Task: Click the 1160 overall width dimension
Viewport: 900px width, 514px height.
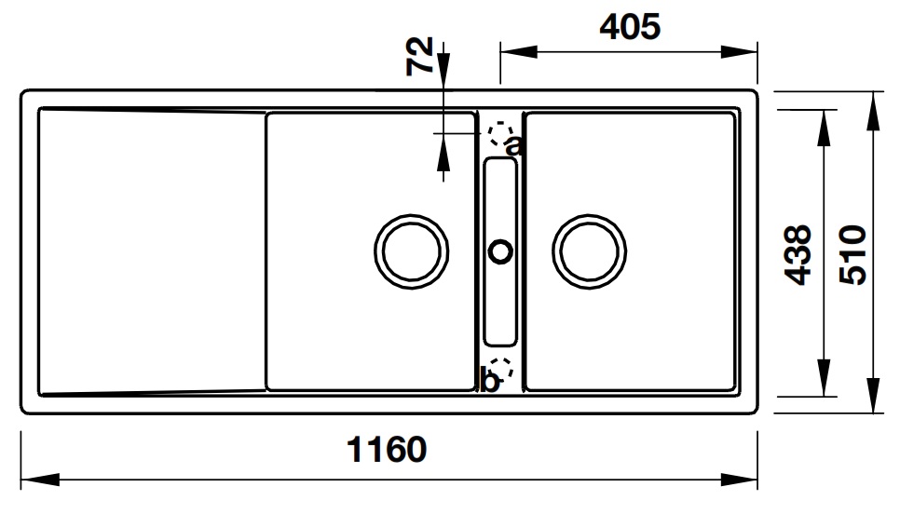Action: (x=387, y=450)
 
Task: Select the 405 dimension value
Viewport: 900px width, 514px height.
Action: (x=629, y=27)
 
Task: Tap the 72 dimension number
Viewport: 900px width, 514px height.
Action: (x=420, y=55)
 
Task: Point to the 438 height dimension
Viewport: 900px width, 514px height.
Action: (x=798, y=254)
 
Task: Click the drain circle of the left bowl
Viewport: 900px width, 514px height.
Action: (x=411, y=251)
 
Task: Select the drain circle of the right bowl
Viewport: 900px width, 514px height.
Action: (x=589, y=251)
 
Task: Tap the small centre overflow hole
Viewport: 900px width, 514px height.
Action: (x=500, y=250)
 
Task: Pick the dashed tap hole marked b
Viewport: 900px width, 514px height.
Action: (x=501, y=369)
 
